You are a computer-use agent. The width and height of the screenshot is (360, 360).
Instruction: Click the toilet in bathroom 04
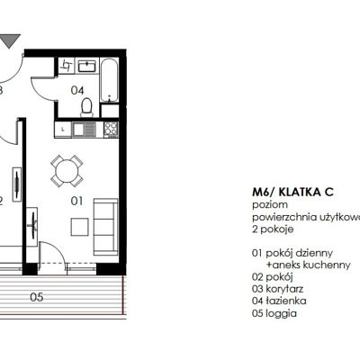(87, 106)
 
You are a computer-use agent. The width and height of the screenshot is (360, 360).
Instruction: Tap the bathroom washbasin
(86, 67)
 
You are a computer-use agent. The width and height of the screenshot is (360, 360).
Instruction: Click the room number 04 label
(78, 89)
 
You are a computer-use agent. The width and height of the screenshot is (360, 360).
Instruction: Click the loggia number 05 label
(37, 295)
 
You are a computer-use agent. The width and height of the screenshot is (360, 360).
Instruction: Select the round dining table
(66, 168)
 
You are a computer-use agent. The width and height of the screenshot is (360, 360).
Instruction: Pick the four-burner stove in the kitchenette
(111, 130)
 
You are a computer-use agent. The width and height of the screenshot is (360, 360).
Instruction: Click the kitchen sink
(65, 130)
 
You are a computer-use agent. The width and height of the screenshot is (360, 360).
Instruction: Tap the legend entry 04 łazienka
(283, 301)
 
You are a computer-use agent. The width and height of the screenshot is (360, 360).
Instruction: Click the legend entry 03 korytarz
(282, 290)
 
